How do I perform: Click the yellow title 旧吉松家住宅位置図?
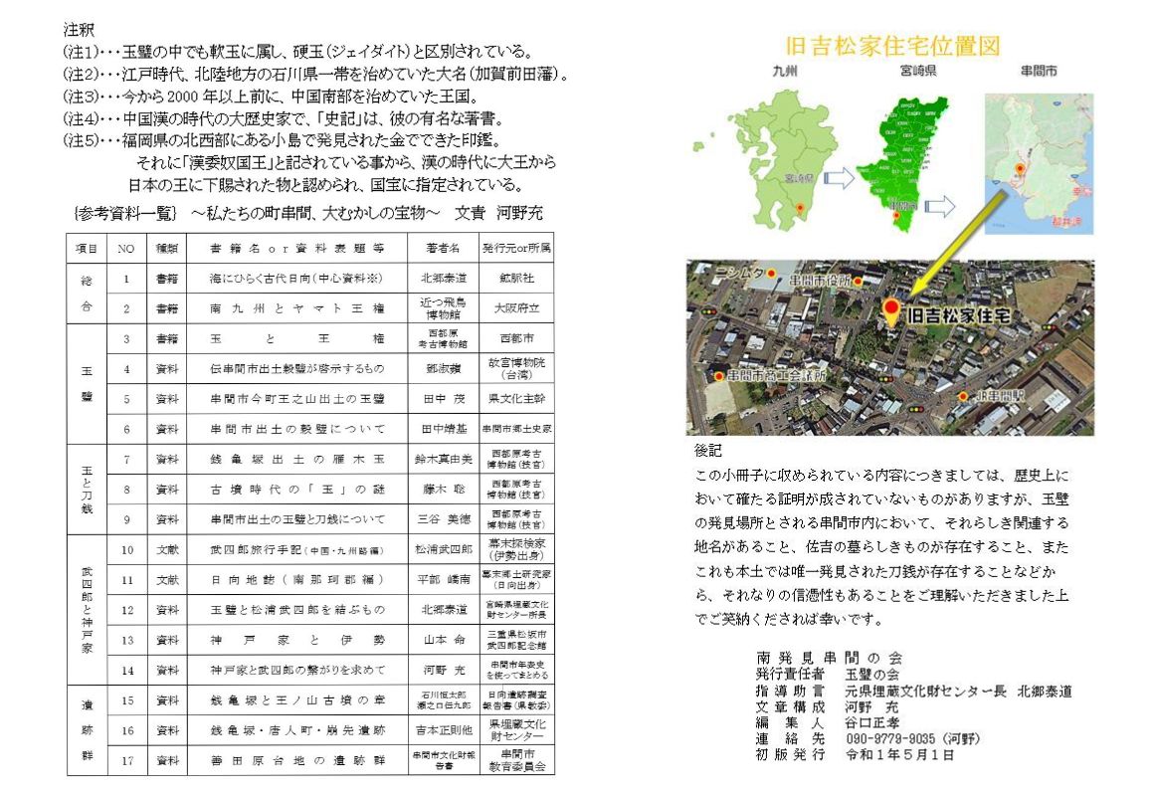[891, 46]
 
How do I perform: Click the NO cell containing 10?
[126, 549]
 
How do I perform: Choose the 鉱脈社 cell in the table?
[516, 278]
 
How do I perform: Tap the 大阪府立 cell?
[516, 308]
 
